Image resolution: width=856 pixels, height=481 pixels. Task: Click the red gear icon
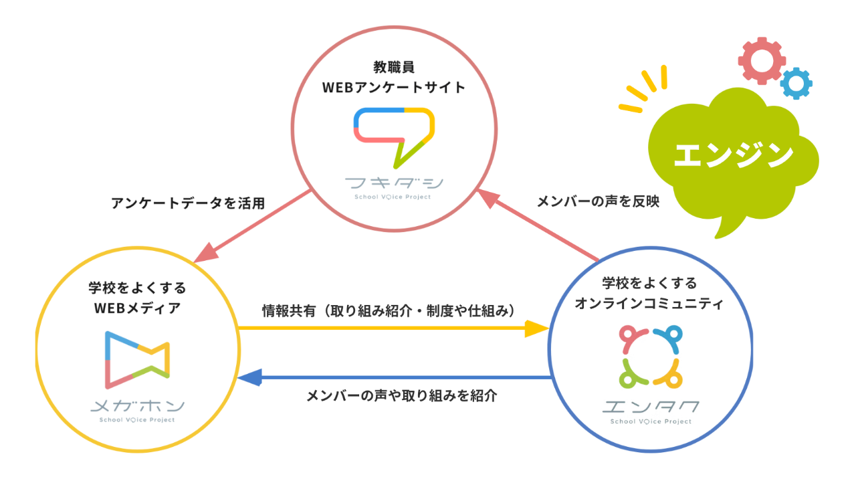tap(762, 61)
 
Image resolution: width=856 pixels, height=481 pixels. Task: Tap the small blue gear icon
tap(796, 84)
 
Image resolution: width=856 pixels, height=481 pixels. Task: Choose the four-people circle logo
tap(651, 357)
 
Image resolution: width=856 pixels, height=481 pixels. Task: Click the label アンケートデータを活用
tap(188, 203)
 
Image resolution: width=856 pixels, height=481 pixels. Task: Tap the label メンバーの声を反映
tap(599, 201)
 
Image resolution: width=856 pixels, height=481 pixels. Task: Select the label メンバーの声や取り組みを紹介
tap(402, 395)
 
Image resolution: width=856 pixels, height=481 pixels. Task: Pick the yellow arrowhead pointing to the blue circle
tap(537, 328)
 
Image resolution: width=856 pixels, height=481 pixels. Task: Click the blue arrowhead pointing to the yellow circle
tap(249, 377)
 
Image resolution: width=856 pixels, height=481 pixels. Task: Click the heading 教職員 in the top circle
tap(394, 68)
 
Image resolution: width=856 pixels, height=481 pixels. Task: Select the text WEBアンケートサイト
tap(394, 88)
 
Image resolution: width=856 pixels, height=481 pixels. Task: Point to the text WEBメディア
tap(138, 308)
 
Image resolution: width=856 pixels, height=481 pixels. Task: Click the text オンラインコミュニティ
tap(649, 304)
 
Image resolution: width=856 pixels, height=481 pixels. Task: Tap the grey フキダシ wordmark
tap(394, 183)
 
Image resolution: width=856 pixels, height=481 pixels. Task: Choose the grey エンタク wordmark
tap(651, 407)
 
